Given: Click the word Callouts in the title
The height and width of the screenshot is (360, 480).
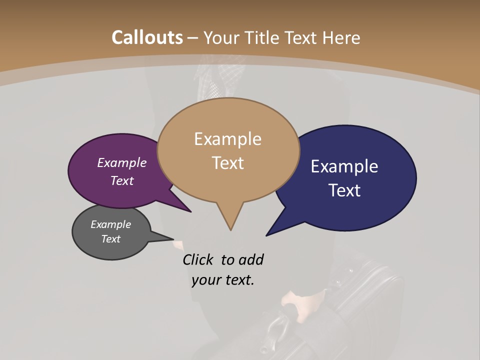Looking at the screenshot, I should click(147, 37).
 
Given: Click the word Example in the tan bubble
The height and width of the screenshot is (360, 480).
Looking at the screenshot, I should click(227, 139).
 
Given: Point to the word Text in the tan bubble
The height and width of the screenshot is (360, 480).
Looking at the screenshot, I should click(227, 163).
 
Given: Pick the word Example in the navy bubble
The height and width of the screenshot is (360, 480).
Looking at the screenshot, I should click(344, 166).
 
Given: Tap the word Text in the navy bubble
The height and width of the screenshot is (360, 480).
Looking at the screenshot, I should click(344, 190).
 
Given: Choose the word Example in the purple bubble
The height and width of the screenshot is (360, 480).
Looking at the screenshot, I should click(122, 163).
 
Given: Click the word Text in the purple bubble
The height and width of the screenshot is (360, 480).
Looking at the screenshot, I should click(122, 181).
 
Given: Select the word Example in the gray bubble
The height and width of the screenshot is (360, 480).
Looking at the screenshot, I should click(110, 224).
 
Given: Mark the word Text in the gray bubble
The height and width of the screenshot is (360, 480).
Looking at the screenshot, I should click(110, 239).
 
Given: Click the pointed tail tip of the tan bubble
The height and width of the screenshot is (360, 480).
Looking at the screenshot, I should click(230, 230).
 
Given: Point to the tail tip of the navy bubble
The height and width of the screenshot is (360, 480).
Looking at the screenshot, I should click(266, 235).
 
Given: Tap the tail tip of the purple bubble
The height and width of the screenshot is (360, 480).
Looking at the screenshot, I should click(191, 212).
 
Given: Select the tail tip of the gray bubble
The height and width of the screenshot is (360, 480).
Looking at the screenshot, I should click(173, 239).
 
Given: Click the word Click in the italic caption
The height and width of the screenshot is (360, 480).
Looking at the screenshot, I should click(199, 259).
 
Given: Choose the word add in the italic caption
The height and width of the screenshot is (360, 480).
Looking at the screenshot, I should click(251, 259).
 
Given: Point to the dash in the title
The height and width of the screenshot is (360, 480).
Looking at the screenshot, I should click(193, 38).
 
